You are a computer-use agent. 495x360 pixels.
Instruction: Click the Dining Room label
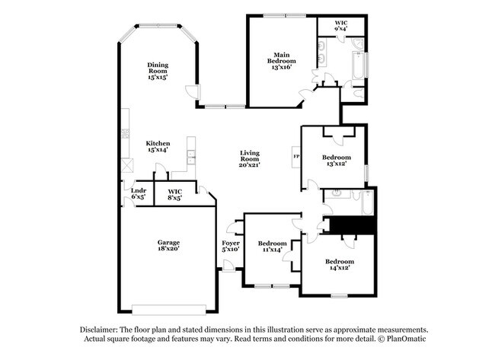point(158,71)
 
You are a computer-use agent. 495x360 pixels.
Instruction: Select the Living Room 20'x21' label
point(250,159)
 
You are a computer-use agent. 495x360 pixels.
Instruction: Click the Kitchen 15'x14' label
point(158,147)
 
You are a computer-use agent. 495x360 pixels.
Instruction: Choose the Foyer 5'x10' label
point(231,245)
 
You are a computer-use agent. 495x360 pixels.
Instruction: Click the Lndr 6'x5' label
point(138,193)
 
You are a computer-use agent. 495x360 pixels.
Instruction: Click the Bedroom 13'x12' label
point(336,160)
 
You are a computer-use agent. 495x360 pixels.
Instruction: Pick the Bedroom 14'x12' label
point(342,265)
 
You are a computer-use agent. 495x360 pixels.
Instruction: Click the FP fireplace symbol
point(296,158)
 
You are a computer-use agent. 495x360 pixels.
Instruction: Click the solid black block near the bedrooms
point(350,225)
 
